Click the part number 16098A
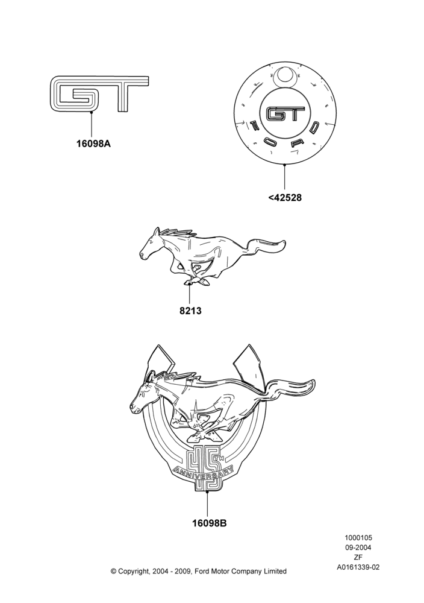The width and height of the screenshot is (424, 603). click(x=93, y=144)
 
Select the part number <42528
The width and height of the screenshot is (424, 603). click(x=285, y=198)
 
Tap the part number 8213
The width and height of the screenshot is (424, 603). click(x=190, y=311)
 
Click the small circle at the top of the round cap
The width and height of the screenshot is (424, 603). click(x=285, y=75)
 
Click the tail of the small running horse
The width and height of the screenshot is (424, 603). click(x=267, y=247)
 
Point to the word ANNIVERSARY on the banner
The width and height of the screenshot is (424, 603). click(x=204, y=473)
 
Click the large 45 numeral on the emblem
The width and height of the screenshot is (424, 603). click(x=203, y=467)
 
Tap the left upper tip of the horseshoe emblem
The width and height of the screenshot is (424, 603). click(x=157, y=346)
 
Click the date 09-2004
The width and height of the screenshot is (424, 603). click(x=358, y=548)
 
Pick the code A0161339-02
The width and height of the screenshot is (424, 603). click(x=358, y=567)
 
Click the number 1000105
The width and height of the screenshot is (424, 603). click(x=358, y=538)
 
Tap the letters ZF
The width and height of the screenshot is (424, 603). click(x=358, y=557)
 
